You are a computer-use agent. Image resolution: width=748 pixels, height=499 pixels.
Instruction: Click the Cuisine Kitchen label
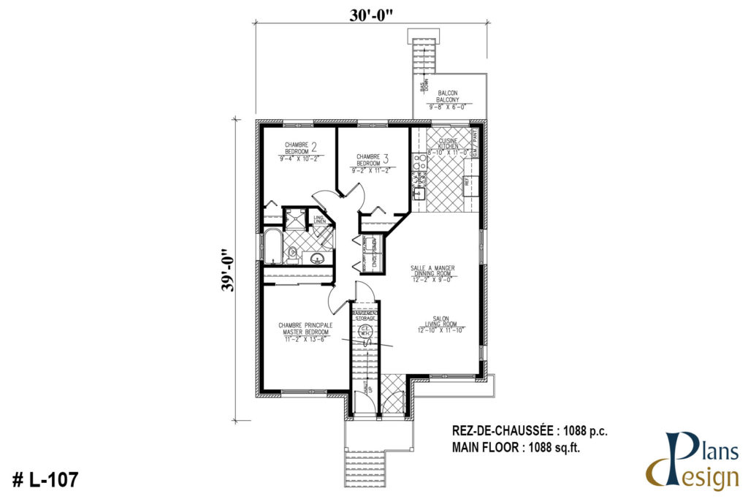[448, 143]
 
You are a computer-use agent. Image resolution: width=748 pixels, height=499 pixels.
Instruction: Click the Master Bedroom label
[304, 329]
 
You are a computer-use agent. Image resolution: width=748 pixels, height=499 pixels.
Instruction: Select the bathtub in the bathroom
[271, 247]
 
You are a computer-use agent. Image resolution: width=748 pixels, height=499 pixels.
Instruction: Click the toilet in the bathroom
[292, 253]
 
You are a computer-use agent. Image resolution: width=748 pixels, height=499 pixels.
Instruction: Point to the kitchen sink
[421, 193]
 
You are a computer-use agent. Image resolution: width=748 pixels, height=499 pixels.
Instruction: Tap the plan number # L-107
[45, 479]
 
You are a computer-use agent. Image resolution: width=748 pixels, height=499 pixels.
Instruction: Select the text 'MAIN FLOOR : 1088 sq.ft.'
[520, 447]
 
